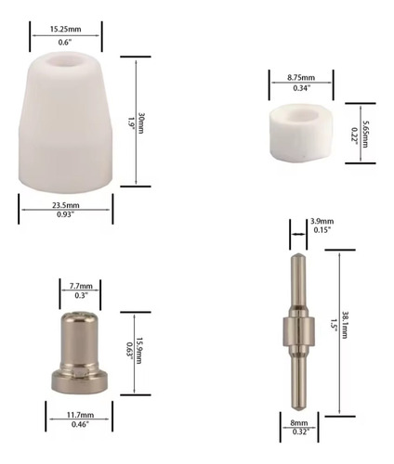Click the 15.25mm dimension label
(66, 29)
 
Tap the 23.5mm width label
(66, 205)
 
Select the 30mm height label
(141, 123)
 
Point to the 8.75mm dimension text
(301, 77)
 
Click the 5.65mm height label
(365, 134)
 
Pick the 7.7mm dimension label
(81, 286)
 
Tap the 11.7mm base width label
(80, 415)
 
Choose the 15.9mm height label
(138, 351)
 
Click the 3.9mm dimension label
(322, 221)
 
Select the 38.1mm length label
(345, 325)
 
